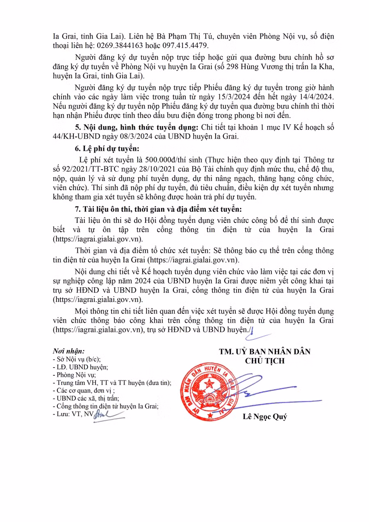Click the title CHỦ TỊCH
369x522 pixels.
(x=264, y=361)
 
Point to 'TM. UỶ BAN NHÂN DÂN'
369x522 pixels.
(x=264, y=352)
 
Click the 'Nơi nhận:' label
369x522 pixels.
(x=68, y=351)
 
